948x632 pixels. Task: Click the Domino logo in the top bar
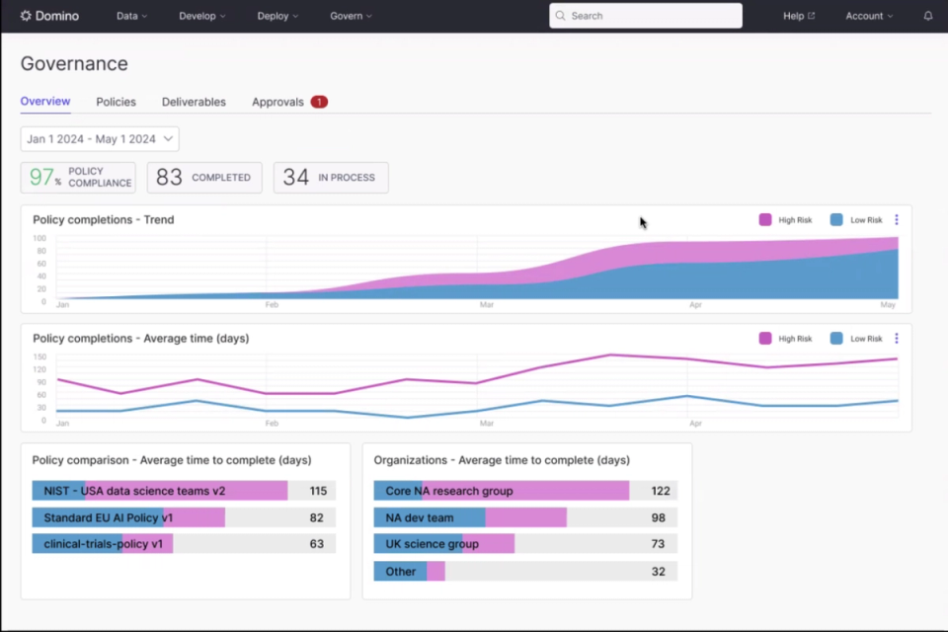49,16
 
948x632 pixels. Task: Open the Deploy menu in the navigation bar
277,16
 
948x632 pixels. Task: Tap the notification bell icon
928,16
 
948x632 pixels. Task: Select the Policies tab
117,102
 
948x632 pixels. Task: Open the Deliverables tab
194,102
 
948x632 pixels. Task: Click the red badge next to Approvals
319,102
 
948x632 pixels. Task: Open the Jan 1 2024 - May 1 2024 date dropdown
100,139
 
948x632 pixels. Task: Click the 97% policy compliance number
42,178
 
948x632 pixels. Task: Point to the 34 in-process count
296,178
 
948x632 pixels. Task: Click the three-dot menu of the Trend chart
897,220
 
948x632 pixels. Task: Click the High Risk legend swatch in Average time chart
765,339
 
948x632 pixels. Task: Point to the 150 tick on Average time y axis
40,356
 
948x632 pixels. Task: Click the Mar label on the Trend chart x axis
487,305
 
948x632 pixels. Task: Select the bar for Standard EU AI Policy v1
128,517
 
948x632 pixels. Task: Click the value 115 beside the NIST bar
318,491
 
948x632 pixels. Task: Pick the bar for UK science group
444,544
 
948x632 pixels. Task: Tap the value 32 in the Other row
659,571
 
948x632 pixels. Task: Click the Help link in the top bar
798,16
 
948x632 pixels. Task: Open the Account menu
869,16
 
